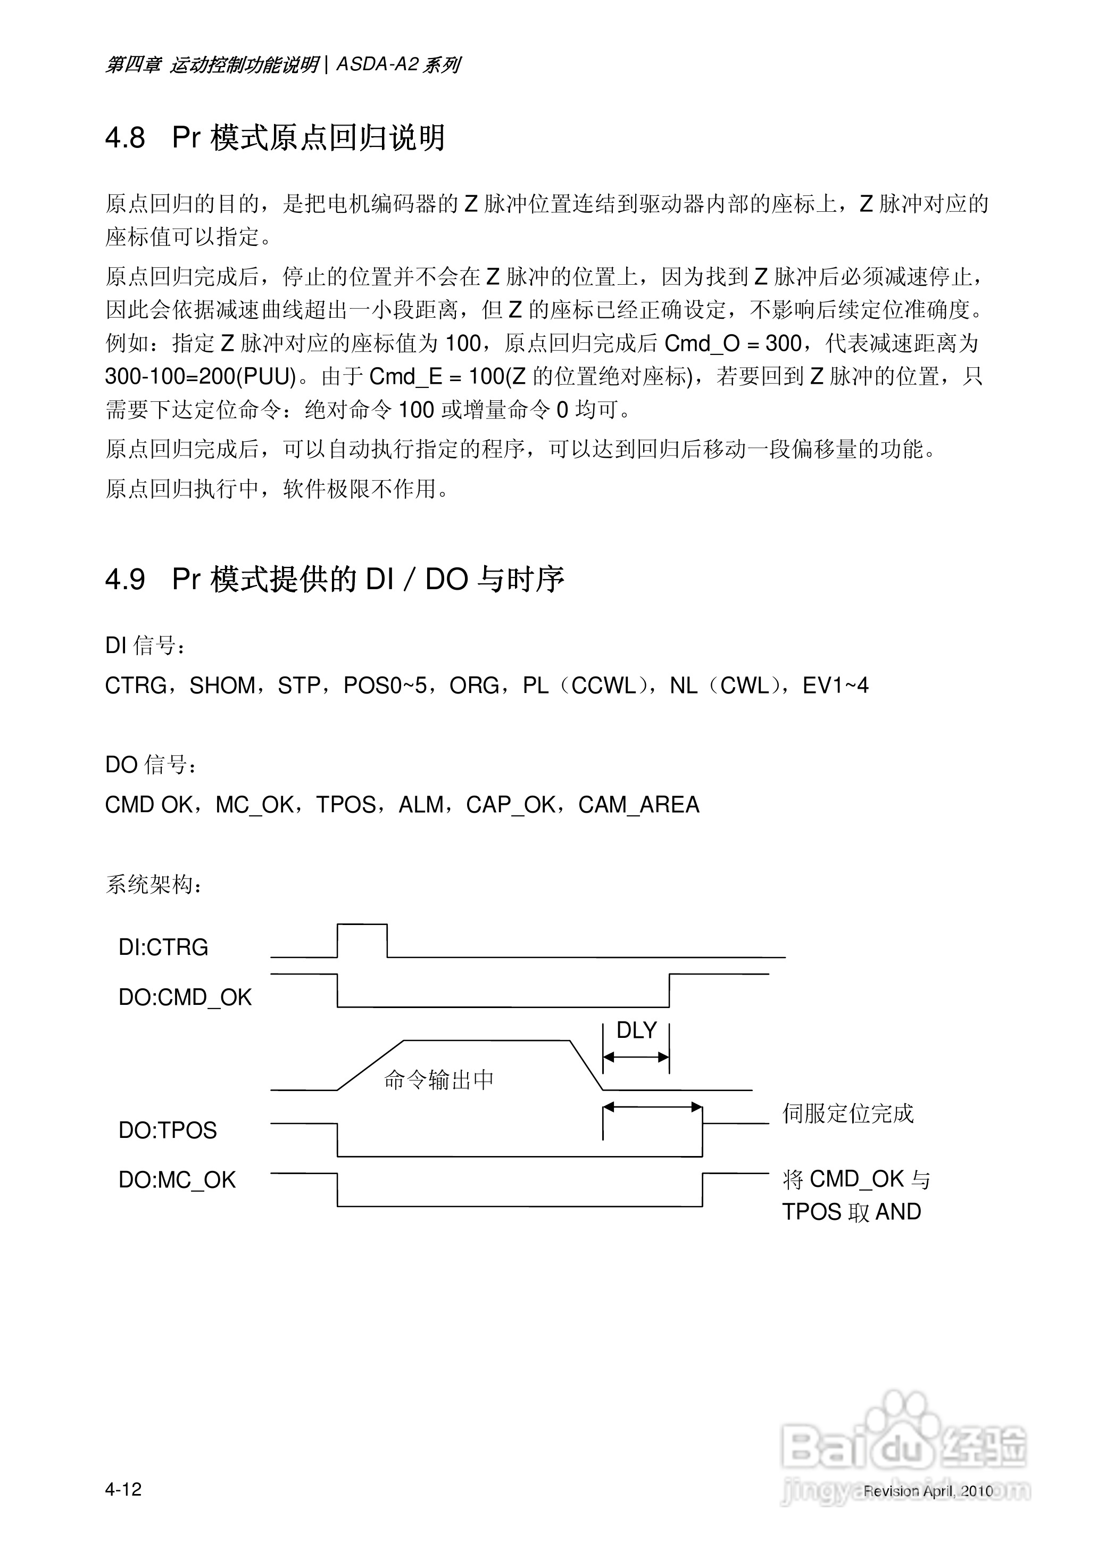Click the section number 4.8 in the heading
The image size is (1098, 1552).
click(125, 138)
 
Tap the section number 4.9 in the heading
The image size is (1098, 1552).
click(125, 580)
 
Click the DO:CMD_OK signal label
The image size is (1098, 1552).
click(185, 997)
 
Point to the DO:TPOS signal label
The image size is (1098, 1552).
click(168, 1130)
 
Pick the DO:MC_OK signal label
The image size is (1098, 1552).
click(177, 1180)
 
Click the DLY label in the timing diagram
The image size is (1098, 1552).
click(636, 1030)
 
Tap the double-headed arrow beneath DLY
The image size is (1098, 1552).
click(636, 1057)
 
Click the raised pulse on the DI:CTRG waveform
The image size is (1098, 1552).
click(362, 925)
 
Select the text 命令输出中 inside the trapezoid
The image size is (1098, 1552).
click(439, 1080)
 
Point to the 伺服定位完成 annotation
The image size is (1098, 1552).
click(848, 1113)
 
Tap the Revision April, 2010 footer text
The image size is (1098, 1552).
click(928, 1490)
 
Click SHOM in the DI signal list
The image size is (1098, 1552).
click(222, 686)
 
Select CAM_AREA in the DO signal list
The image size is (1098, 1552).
click(638, 805)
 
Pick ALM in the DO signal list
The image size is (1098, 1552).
click(421, 805)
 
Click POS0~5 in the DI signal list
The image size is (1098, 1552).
click(385, 686)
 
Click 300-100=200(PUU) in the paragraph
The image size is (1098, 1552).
click(201, 377)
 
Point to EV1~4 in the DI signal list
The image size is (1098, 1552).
click(835, 686)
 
